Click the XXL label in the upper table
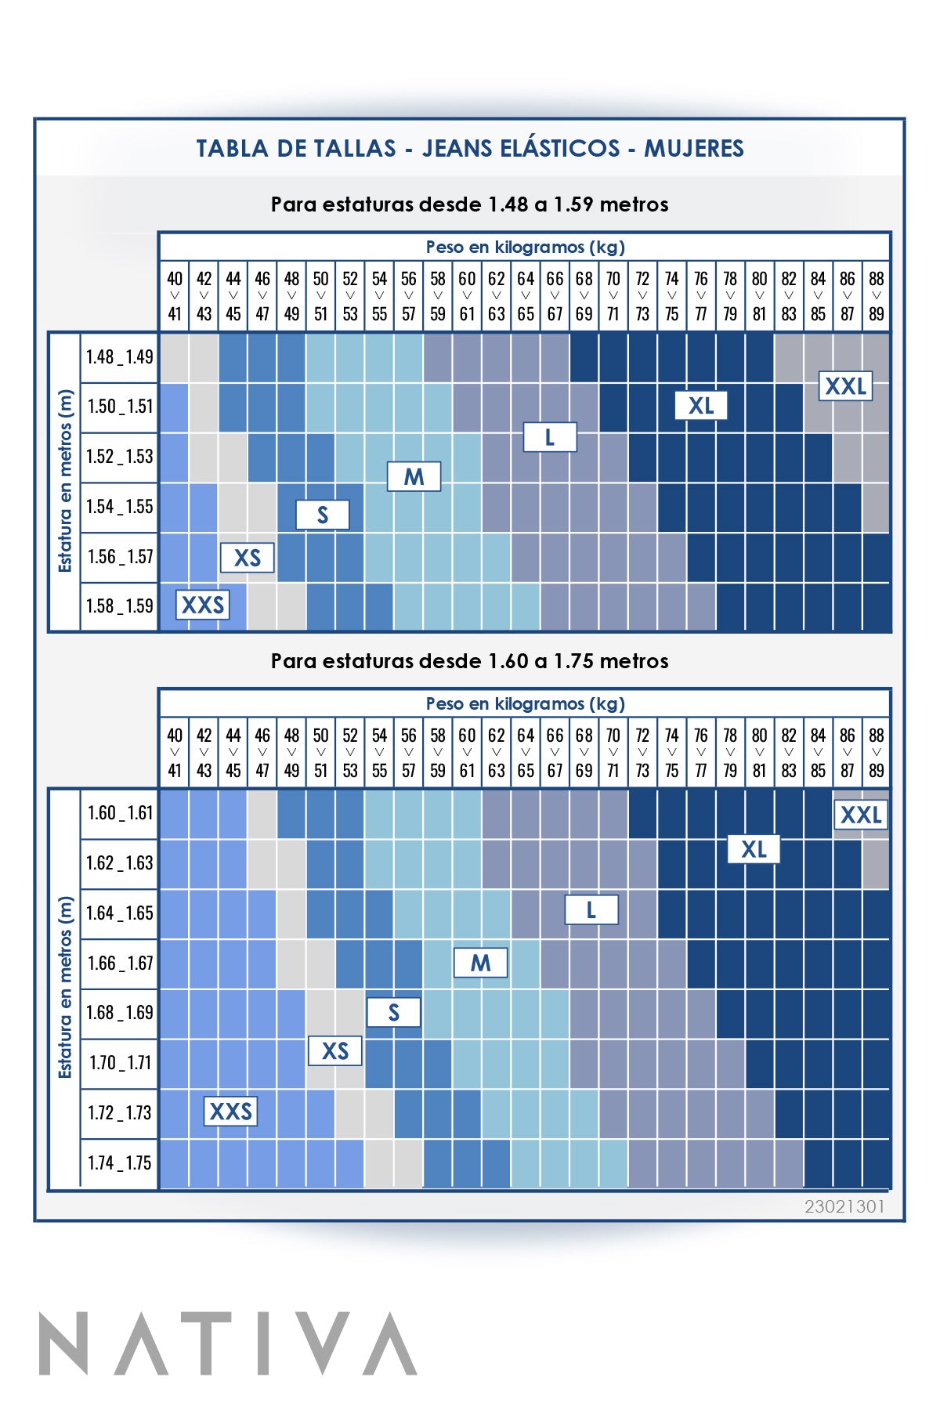pyautogui.click(x=845, y=386)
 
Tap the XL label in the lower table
pyautogui.click(x=754, y=849)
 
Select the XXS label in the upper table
pyautogui.click(x=203, y=605)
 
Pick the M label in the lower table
pyautogui.click(x=480, y=963)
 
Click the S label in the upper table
pyautogui.click(x=322, y=515)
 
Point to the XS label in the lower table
pyautogui.click(x=334, y=1050)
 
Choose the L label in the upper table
pyautogui.click(x=550, y=437)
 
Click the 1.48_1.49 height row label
pyautogui.click(x=120, y=357)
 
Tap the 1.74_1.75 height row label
pyautogui.click(x=120, y=1163)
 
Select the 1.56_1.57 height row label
pyautogui.click(x=120, y=557)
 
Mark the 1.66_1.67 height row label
pyautogui.click(x=120, y=963)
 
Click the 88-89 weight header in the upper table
pyautogui.click(x=876, y=296)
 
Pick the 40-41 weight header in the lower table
pyautogui.click(x=175, y=753)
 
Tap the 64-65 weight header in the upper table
pyautogui.click(x=526, y=296)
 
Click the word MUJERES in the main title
pyautogui.click(x=693, y=148)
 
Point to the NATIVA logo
pyautogui.click(x=228, y=1344)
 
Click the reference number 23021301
pyautogui.click(x=844, y=1206)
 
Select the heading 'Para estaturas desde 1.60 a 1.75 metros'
pyautogui.click(x=469, y=661)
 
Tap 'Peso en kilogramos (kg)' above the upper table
pyautogui.click(x=525, y=247)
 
